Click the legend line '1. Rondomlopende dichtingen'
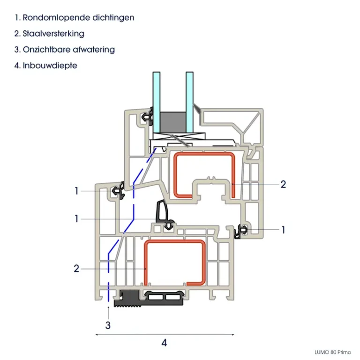click(75, 18)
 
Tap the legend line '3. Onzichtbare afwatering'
click(65, 49)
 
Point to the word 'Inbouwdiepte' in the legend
click(50, 65)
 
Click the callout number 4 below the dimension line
click(164, 343)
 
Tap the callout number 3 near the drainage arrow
click(108, 324)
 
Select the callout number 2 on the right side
click(283, 184)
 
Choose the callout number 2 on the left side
click(76, 269)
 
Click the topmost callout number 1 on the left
click(76, 191)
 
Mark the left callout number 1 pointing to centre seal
click(76, 218)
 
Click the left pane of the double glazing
click(156, 103)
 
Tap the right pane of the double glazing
click(189, 103)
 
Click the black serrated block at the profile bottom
click(129, 300)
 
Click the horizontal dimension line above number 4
click(164, 334)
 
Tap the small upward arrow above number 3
click(108, 309)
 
